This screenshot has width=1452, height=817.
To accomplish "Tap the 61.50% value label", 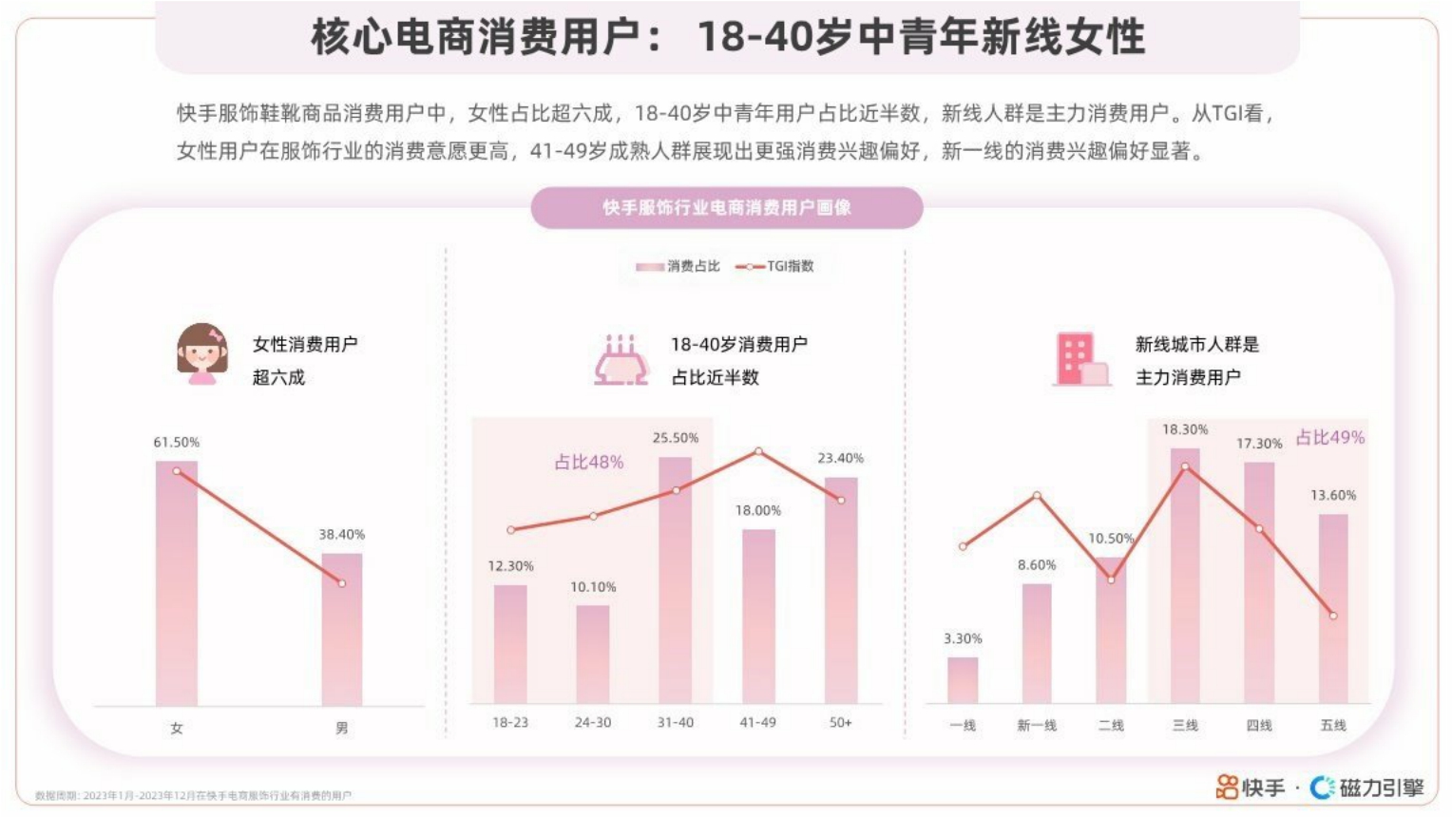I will pos(177,443).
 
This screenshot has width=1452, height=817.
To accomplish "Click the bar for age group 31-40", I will pos(676,579).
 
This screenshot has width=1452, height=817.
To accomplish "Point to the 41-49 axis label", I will pos(758,723).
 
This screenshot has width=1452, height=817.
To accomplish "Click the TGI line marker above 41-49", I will pos(758,451).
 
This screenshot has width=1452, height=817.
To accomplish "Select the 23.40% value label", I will pos(841,458).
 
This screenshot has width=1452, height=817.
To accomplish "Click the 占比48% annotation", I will pos(589,463).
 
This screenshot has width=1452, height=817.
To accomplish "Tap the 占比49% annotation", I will pos(1330,438).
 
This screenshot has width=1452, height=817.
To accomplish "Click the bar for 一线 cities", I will pos(963,679).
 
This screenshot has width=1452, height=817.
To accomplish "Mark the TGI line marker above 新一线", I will pos(1037,495).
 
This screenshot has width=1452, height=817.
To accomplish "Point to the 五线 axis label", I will pos(1333,726).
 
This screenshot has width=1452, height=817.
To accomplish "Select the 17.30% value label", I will pos(1259,444).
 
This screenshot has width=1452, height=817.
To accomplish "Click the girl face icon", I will pos(202,353).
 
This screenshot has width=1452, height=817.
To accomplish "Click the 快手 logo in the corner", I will pos(1250,788).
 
